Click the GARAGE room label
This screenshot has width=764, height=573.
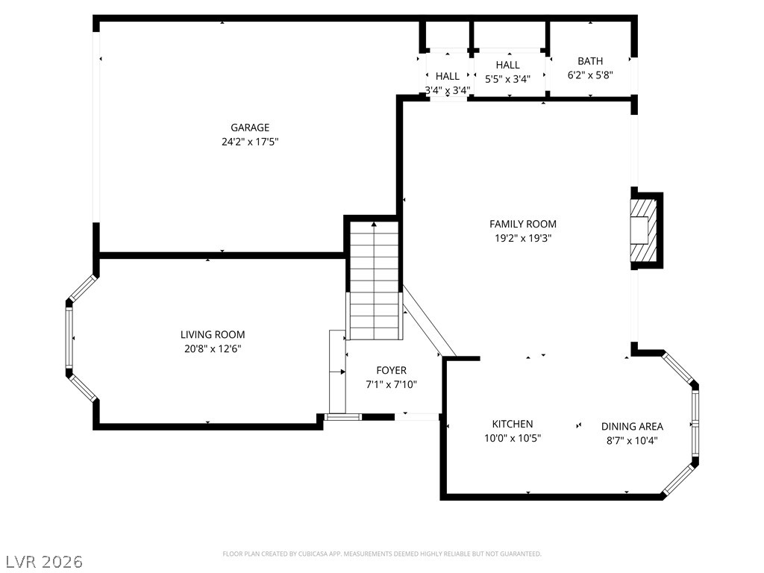coord(249,128)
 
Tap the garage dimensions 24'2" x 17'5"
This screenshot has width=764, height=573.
coord(249,141)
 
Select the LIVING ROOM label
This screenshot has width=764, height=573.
coord(213,335)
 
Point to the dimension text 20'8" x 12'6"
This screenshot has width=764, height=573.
coord(213,348)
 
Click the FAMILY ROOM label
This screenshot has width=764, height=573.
coord(522,224)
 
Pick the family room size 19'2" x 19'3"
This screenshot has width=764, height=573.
coord(522,238)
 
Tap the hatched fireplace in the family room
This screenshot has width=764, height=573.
coord(644,229)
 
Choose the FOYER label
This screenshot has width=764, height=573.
coord(391,371)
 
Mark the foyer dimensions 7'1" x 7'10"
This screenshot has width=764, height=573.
coord(391,385)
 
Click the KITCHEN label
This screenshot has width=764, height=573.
coord(512,425)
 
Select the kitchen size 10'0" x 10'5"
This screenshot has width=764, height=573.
coord(512,439)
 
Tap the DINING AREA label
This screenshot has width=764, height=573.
coord(632,427)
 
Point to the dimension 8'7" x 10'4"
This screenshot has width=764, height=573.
coord(632,440)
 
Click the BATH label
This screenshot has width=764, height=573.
coord(590,61)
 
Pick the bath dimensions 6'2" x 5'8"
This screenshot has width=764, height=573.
coord(590,75)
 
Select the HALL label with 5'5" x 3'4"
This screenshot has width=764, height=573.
coord(507,65)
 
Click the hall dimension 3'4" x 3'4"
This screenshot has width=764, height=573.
coord(448,90)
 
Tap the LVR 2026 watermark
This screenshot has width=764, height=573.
coord(43,560)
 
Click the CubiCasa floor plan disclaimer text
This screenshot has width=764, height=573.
coord(382,554)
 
